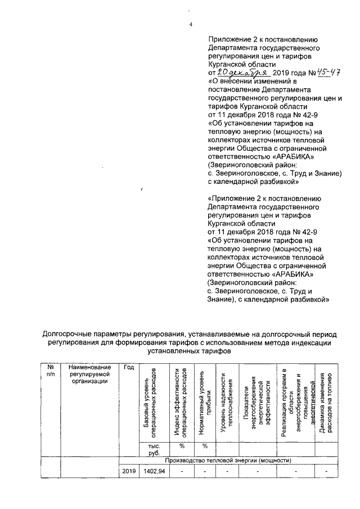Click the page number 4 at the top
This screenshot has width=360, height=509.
coord(190,24)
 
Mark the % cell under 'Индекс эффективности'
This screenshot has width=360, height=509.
coord(182,445)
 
